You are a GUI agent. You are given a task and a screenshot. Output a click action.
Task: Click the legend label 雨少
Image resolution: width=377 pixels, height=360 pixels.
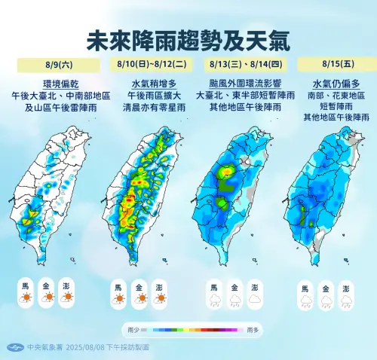133,330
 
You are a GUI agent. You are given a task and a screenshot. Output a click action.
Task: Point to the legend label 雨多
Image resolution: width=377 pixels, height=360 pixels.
252,330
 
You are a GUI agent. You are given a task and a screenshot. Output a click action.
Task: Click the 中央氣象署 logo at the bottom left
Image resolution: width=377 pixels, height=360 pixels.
13,347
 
